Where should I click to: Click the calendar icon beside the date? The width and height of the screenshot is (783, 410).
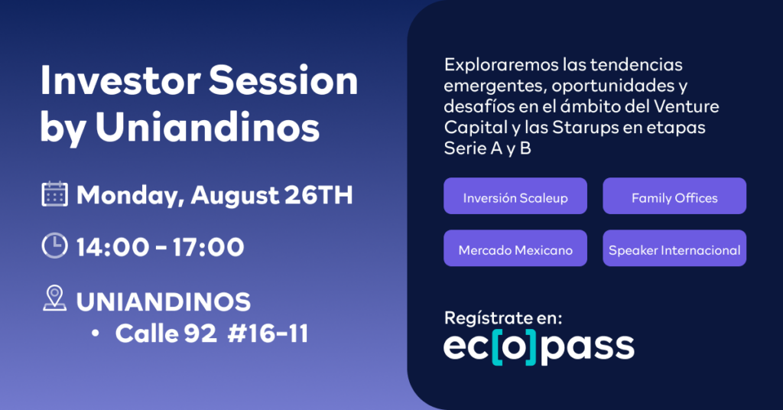54,194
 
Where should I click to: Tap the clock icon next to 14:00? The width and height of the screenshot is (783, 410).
54,246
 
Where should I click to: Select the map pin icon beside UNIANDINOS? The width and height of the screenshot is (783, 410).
54,298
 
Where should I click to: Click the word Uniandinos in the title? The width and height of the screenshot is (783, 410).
207,127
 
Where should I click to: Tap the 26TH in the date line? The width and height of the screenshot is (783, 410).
319,195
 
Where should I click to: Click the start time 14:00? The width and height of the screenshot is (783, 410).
112,247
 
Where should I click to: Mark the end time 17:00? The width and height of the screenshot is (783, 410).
208,247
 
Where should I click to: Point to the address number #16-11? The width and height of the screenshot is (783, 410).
268,333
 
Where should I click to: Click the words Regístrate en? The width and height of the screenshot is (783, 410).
503,317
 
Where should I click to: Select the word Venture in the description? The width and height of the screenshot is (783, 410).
687,106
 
